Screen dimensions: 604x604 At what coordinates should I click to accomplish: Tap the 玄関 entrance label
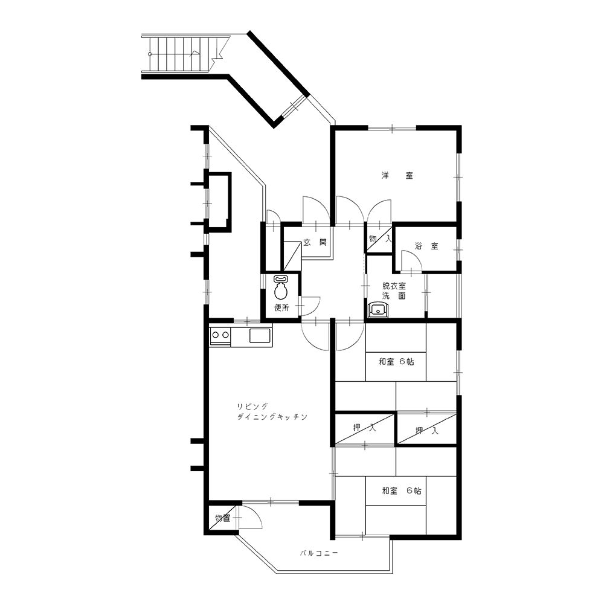[315, 242]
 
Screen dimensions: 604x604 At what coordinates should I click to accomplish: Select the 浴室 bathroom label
[426, 246]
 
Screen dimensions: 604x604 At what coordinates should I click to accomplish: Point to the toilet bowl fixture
[281, 288]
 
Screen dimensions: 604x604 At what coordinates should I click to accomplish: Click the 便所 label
[281, 308]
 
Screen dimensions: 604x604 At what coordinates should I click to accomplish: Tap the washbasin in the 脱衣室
[379, 310]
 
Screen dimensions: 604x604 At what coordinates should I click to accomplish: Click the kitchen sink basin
[260, 335]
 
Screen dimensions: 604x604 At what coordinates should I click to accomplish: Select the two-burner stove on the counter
[220, 335]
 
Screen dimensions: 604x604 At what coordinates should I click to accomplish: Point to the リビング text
[252, 406]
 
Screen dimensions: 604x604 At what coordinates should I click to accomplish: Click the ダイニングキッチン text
[272, 417]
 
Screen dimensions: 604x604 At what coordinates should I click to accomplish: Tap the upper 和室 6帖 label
[396, 362]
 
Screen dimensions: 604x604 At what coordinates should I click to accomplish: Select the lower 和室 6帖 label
[402, 490]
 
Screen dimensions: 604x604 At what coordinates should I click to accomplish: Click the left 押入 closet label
[364, 427]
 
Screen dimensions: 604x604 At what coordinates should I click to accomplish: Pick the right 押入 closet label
[427, 431]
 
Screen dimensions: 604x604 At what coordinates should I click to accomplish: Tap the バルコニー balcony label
[319, 553]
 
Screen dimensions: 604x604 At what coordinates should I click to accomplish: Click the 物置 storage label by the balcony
[223, 518]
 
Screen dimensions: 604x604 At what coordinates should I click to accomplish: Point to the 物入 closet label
[380, 239]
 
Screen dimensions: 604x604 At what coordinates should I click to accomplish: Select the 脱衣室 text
[394, 286]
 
